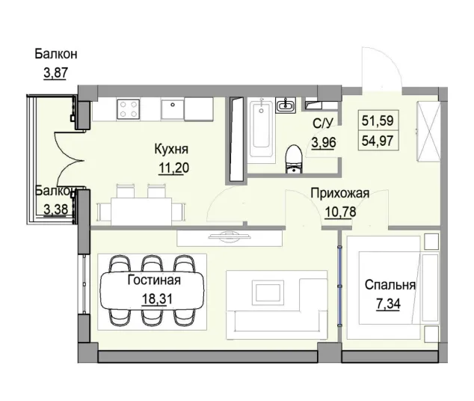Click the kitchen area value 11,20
(x=173, y=168)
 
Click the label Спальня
(x=390, y=285)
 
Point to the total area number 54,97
(x=379, y=139)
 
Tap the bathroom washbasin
(x=285, y=106)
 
